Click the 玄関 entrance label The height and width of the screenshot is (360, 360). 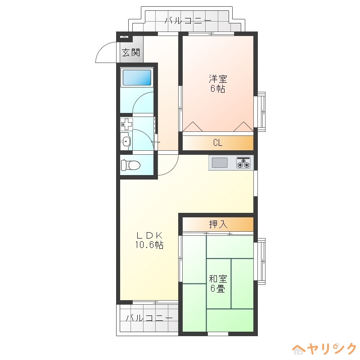(131, 53)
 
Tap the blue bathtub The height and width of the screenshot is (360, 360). (137, 77)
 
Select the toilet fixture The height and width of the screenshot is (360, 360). (130, 165)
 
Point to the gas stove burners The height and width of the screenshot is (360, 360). (243, 162)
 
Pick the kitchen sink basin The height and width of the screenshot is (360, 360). (220, 163)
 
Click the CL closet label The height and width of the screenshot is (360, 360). (218, 143)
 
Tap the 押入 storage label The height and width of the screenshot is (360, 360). (218, 224)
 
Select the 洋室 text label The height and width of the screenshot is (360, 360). (218, 79)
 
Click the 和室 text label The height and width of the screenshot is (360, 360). (218, 279)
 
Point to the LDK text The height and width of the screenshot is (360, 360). (149, 235)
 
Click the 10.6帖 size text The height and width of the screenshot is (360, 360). (149, 245)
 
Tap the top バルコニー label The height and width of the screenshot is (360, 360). (188, 21)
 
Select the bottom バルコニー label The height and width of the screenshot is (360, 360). (149, 318)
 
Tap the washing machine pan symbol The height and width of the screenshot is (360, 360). (126, 124)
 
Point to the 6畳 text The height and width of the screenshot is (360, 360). (218, 288)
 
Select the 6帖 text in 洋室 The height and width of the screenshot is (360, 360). (218, 89)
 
